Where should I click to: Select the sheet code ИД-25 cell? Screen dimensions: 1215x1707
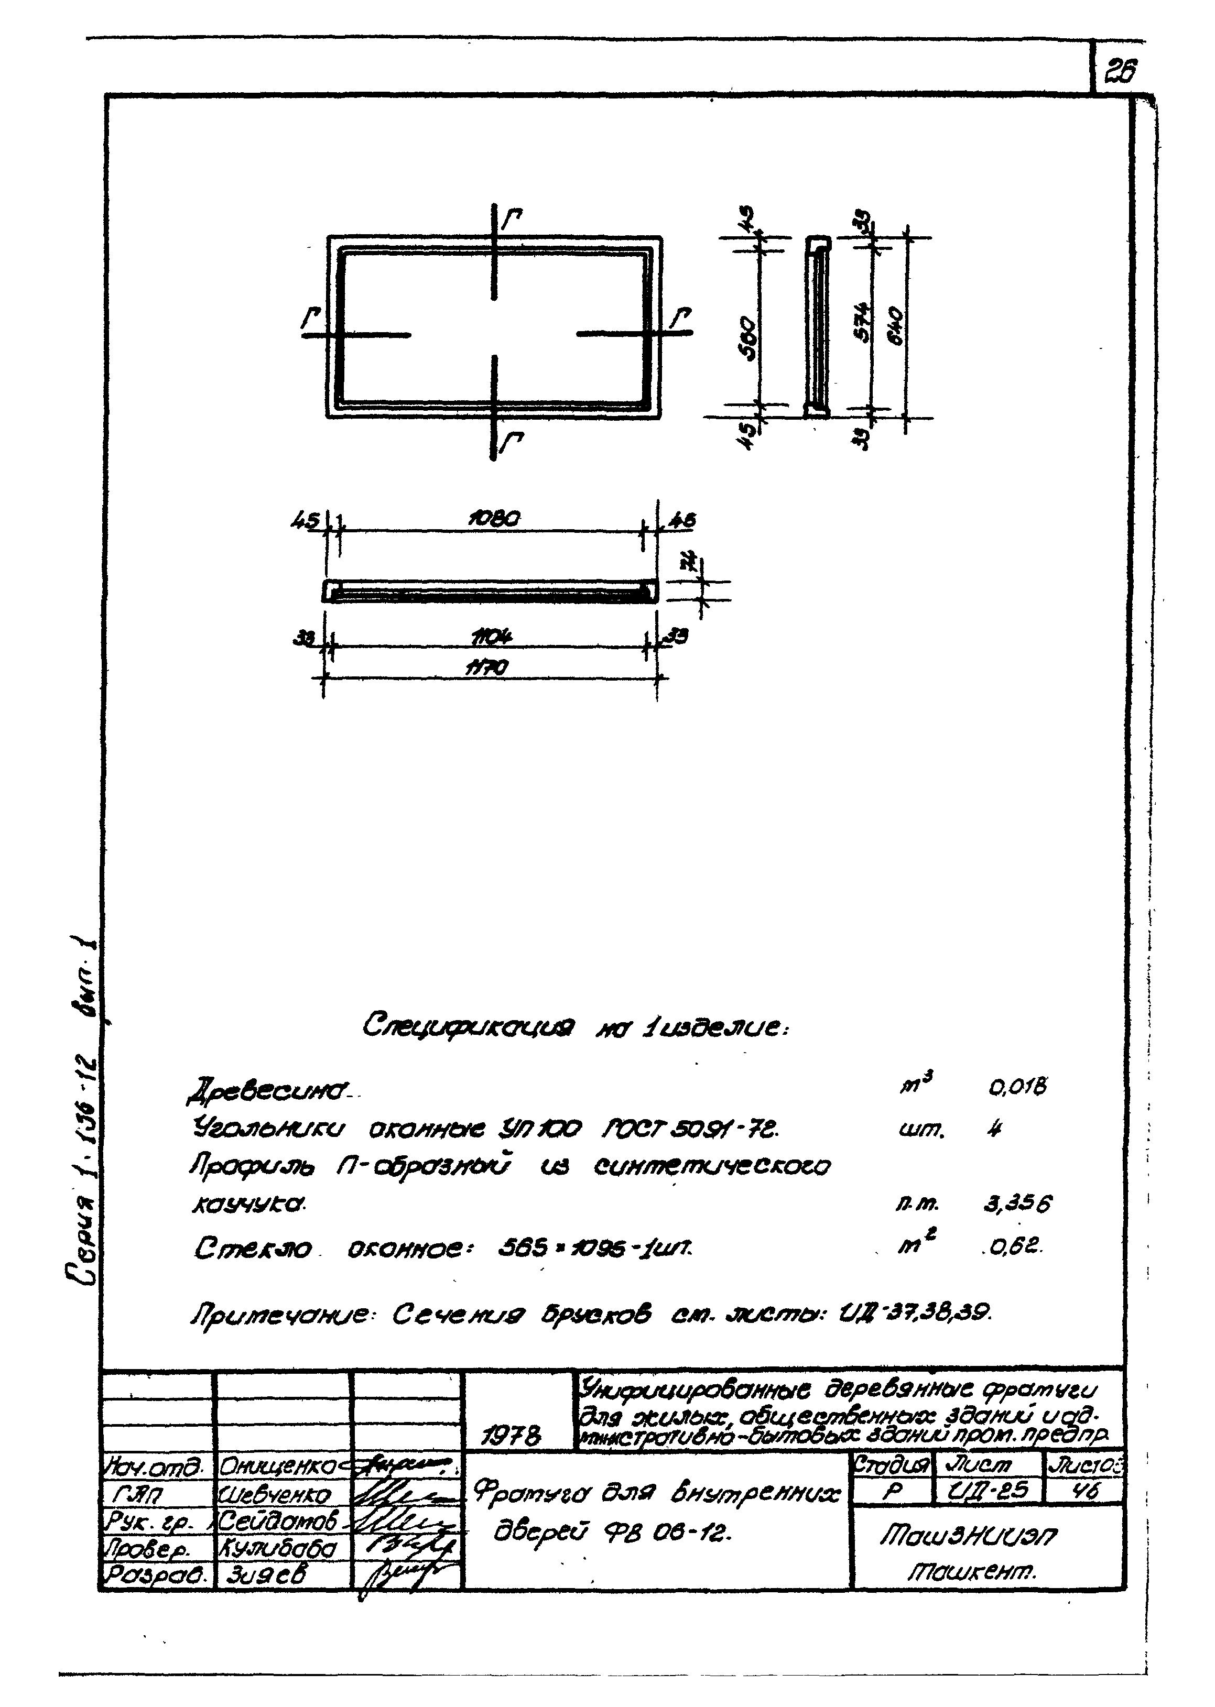tap(989, 1492)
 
